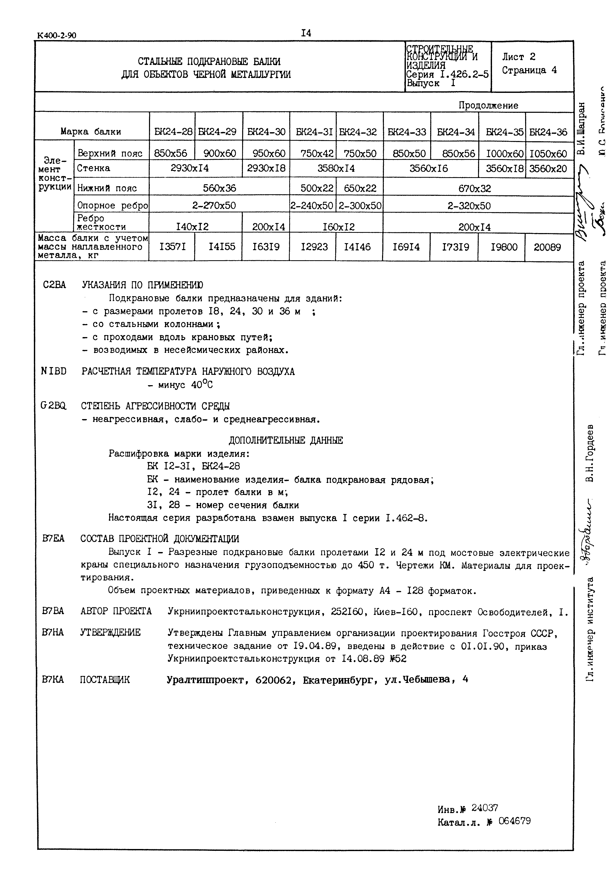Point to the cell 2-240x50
coord(312,206)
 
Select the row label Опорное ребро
coord(113,206)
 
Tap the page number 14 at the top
coord(306,33)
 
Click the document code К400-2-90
coord(57,36)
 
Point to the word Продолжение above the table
coord(488,105)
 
